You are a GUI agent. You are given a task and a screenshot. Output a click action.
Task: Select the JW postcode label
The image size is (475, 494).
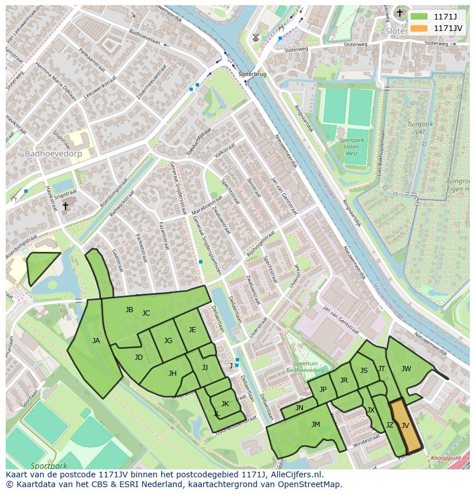coord(406,369)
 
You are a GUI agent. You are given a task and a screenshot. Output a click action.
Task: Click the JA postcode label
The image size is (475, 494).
coord(96,341)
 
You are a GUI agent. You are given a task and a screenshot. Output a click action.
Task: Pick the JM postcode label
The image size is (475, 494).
coord(316,425)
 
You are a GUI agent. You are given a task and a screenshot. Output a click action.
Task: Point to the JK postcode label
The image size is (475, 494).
coord(225,404)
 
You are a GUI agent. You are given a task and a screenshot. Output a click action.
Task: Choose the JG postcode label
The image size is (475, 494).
coord(168,341)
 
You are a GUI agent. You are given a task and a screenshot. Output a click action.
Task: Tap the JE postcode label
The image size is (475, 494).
coord(192,330)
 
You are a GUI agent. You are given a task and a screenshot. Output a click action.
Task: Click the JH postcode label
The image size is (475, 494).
coord(172,374)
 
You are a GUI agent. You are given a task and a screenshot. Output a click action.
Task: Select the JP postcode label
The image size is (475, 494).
coord(323,390)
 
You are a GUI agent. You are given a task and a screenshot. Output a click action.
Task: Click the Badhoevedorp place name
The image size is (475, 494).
coord(53,154)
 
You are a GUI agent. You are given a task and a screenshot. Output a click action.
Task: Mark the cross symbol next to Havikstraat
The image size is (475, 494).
coord(65,205)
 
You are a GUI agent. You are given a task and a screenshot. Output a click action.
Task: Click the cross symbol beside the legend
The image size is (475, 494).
coord(400,13)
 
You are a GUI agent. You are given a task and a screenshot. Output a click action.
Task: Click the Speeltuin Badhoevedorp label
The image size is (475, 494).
coord(302,367)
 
